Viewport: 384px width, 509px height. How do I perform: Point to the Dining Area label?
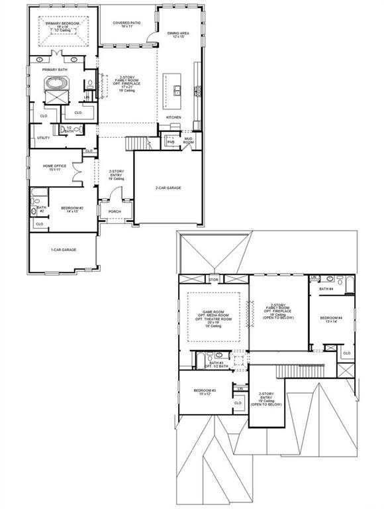coord(178,34)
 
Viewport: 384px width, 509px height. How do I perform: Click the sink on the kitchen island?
coord(177,90)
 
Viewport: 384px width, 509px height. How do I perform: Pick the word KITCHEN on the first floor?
coord(173,117)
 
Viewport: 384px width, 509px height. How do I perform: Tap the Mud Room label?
coord(188,141)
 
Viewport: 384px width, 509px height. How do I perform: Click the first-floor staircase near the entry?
coord(137,142)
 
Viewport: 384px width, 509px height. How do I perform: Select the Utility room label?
coord(44,138)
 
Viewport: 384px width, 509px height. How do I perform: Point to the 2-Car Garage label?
coord(168,188)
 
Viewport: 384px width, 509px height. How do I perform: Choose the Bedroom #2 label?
coord(71,209)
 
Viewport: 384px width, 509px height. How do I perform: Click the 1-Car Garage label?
coord(61,250)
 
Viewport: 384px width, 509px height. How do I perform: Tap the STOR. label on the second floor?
coord(213,279)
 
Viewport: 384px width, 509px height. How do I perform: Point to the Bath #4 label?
coord(326,289)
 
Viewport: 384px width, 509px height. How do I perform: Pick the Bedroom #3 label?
coord(205,392)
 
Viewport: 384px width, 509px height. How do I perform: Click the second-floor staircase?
coord(290,370)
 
